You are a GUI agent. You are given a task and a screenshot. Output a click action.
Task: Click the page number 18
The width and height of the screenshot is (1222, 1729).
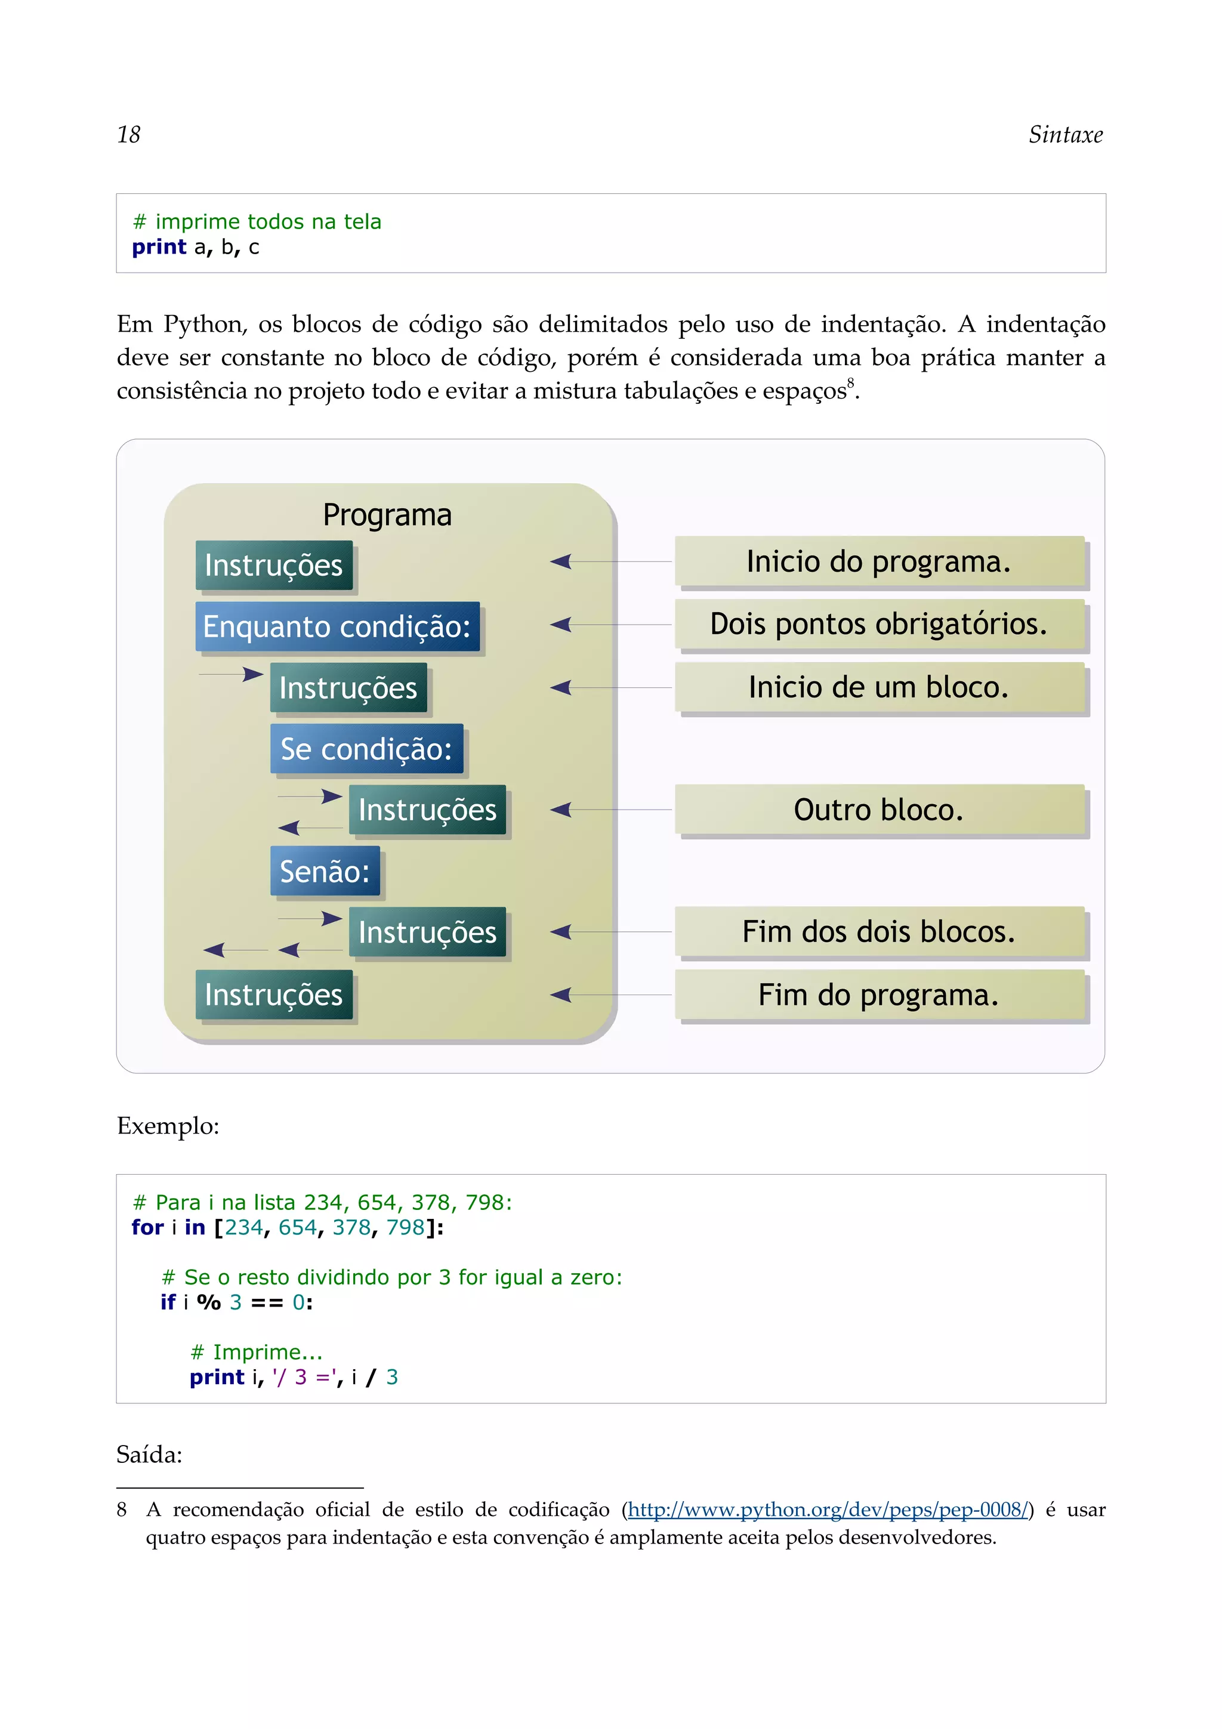[129, 135]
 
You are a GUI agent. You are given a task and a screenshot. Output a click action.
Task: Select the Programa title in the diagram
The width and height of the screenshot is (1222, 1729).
[387, 515]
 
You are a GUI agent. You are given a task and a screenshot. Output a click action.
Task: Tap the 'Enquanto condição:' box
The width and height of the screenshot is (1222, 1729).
[337, 626]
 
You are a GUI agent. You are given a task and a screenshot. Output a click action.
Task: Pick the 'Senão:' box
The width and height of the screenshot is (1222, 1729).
[325, 871]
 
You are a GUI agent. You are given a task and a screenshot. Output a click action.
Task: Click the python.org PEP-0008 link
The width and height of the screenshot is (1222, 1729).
[827, 1510]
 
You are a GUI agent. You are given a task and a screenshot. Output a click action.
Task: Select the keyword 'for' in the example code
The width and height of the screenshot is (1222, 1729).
[147, 1227]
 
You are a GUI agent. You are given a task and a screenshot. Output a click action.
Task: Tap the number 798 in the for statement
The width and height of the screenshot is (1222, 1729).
[405, 1227]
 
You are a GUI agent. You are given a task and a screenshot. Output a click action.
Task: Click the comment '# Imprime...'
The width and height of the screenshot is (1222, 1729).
[256, 1352]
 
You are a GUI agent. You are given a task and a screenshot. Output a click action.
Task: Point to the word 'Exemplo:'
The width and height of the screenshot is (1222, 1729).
[168, 1126]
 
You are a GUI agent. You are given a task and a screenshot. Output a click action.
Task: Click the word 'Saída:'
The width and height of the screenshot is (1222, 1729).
[149, 1454]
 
